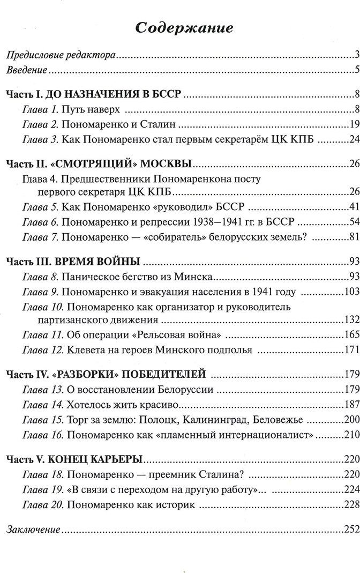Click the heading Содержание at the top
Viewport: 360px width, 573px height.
click(180, 27)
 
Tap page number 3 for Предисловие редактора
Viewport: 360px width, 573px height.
click(356, 54)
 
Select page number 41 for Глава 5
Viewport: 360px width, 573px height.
click(352, 207)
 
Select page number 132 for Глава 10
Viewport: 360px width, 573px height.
click(350, 321)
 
